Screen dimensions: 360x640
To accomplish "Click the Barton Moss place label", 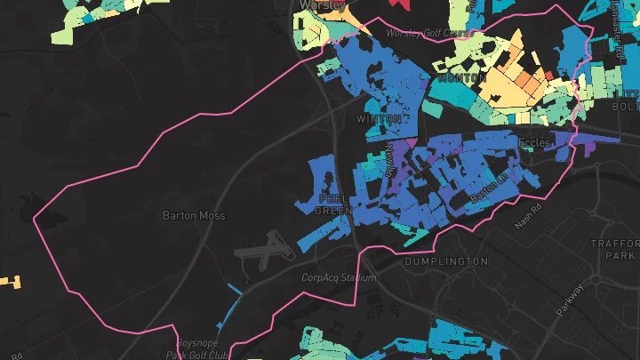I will pyautogui.click(x=194, y=216).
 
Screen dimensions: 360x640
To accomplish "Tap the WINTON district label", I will pyautogui.click(x=379, y=119).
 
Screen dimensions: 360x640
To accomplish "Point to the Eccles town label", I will pyautogui.click(x=536, y=141).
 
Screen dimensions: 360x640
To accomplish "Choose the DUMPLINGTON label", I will pyautogui.click(x=445, y=262).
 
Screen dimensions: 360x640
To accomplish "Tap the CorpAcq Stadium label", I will pyautogui.click(x=338, y=278).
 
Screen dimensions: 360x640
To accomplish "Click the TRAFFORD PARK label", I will pyautogui.click(x=615, y=251).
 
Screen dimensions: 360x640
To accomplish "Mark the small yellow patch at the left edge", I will pyautogui.click(x=11, y=282).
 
